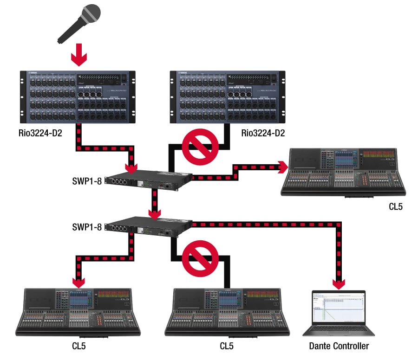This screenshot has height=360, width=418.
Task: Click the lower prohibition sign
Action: click(200, 257)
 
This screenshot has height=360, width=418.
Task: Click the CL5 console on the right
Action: click(344, 172)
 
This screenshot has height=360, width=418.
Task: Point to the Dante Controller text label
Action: click(339, 346)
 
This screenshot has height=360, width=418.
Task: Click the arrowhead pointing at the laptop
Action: click(339, 283)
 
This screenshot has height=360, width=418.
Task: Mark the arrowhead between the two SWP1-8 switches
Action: click(153, 213)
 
